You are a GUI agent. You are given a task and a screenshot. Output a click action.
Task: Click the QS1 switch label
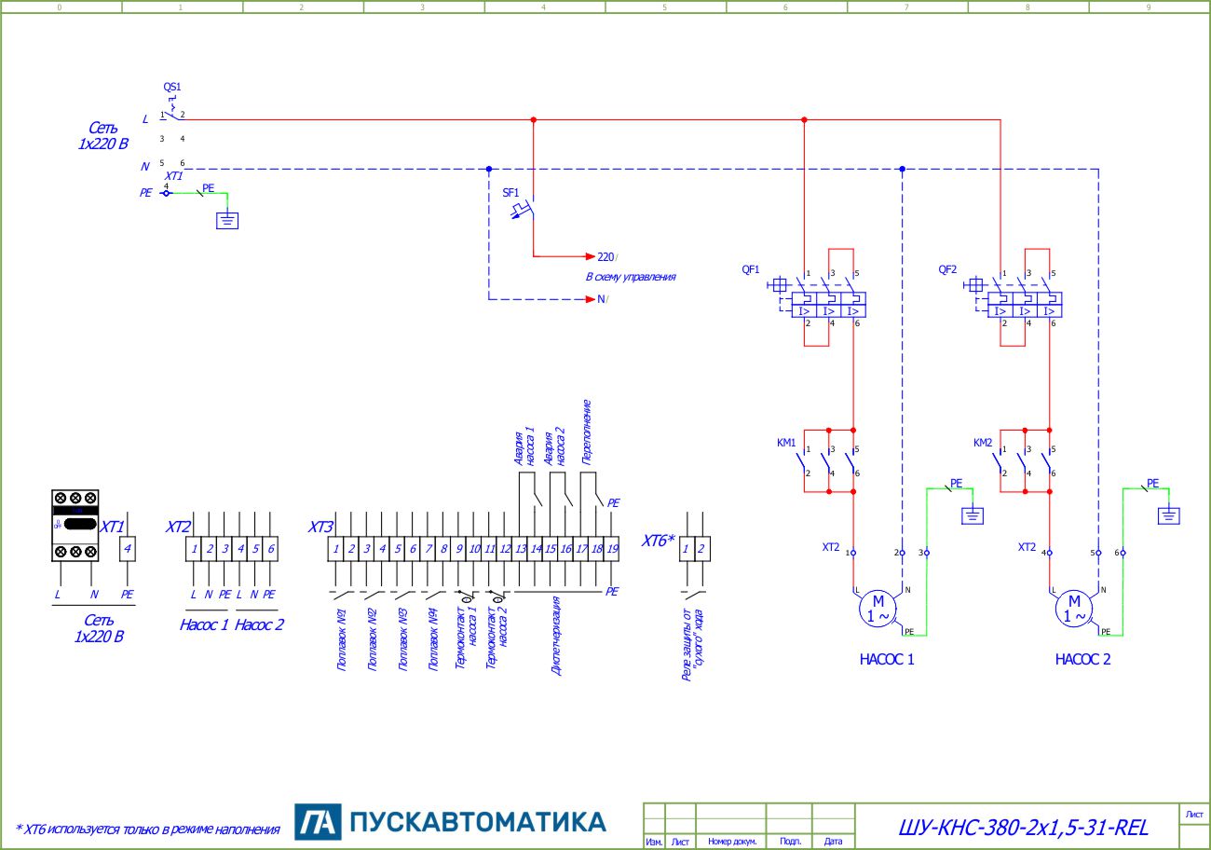click(x=172, y=87)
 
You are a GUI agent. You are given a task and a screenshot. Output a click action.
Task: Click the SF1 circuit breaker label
click(x=511, y=192)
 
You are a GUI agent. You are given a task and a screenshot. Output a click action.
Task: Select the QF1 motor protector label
click(x=751, y=269)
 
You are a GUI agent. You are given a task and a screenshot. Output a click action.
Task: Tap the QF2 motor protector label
click(x=947, y=269)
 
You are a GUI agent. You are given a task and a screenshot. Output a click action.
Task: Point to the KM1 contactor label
click(x=786, y=442)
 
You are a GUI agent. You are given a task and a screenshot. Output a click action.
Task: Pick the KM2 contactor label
click(x=983, y=442)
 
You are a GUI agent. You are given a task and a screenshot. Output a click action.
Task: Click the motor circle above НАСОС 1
click(x=877, y=609)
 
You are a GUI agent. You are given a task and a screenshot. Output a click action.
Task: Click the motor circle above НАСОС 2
click(x=1073, y=609)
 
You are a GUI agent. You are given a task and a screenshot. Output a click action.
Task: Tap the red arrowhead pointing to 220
click(x=590, y=255)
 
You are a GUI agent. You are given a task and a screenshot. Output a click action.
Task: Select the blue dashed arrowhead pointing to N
click(x=590, y=299)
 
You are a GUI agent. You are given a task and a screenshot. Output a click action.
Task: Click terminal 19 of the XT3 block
click(x=612, y=549)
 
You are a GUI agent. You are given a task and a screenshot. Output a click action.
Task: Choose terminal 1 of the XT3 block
click(x=336, y=549)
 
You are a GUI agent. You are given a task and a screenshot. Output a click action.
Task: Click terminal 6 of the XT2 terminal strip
click(x=271, y=549)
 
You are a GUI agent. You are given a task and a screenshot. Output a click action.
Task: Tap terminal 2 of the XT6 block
click(x=701, y=549)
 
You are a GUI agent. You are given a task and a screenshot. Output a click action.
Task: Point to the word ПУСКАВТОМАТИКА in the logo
click(x=478, y=822)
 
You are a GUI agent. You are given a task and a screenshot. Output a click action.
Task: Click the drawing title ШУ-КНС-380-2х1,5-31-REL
click(x=1023, y=827)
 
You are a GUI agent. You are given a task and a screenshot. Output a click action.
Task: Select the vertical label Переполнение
click(x=587, y=432)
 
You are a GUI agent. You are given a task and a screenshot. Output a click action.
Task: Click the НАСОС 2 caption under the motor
click(x=1082, y=659)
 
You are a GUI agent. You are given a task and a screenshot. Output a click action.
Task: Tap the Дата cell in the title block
click(x=833, y=842)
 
